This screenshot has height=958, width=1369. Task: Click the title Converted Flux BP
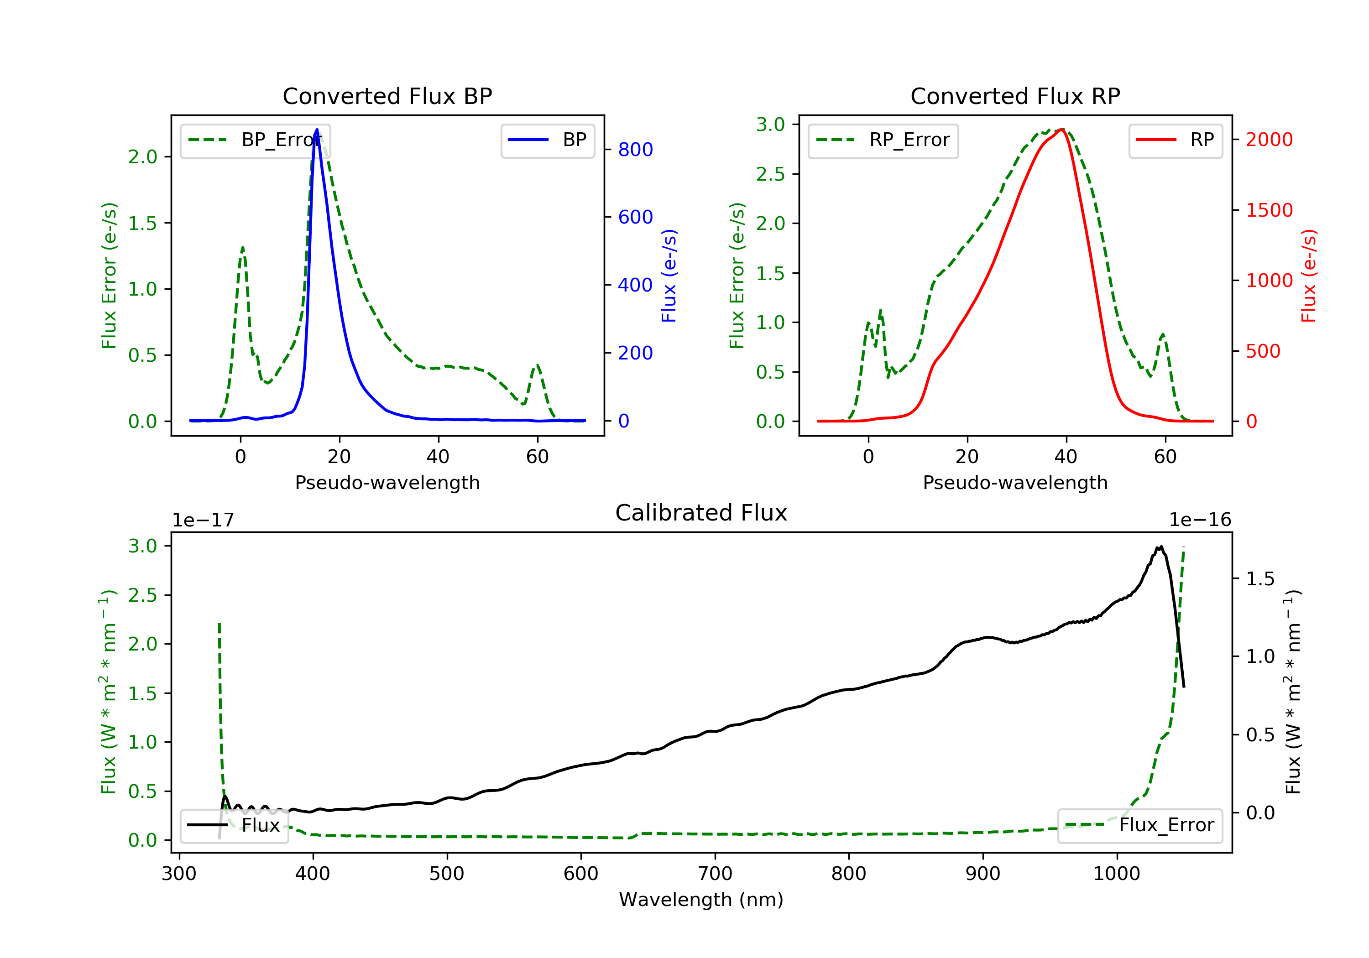click(x=387, y=96)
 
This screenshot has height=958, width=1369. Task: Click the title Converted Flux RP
click(x=1015, y=96)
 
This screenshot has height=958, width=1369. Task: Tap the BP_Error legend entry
click(x=255, y=140)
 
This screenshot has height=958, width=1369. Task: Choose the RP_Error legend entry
click(x=883, y=140)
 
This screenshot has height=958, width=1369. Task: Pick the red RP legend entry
click(x=1175, y=140)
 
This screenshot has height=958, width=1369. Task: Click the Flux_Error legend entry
click(x=1140, y=825)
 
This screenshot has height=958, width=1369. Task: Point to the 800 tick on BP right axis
click(x=635, y=150)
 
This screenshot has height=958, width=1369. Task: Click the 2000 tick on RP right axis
click(x=1269, y=140)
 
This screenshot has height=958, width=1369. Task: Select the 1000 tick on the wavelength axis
click(x=1116, y=874)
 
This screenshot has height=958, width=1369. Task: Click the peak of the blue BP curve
click(x=317, y=130)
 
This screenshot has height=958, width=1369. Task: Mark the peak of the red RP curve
click(x=1062, y=130)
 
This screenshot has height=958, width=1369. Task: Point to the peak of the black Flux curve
click(x=1160, y=547)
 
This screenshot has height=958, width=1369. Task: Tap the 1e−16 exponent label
click(x=1200, y=520)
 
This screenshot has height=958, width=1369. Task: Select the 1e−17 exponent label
click(x=204, y=520)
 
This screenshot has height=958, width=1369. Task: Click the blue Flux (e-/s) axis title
click(x=669, y=276)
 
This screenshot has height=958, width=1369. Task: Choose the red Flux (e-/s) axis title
click(x=1308, y=276)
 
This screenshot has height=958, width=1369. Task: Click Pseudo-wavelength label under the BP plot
click(x=387, y=482)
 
